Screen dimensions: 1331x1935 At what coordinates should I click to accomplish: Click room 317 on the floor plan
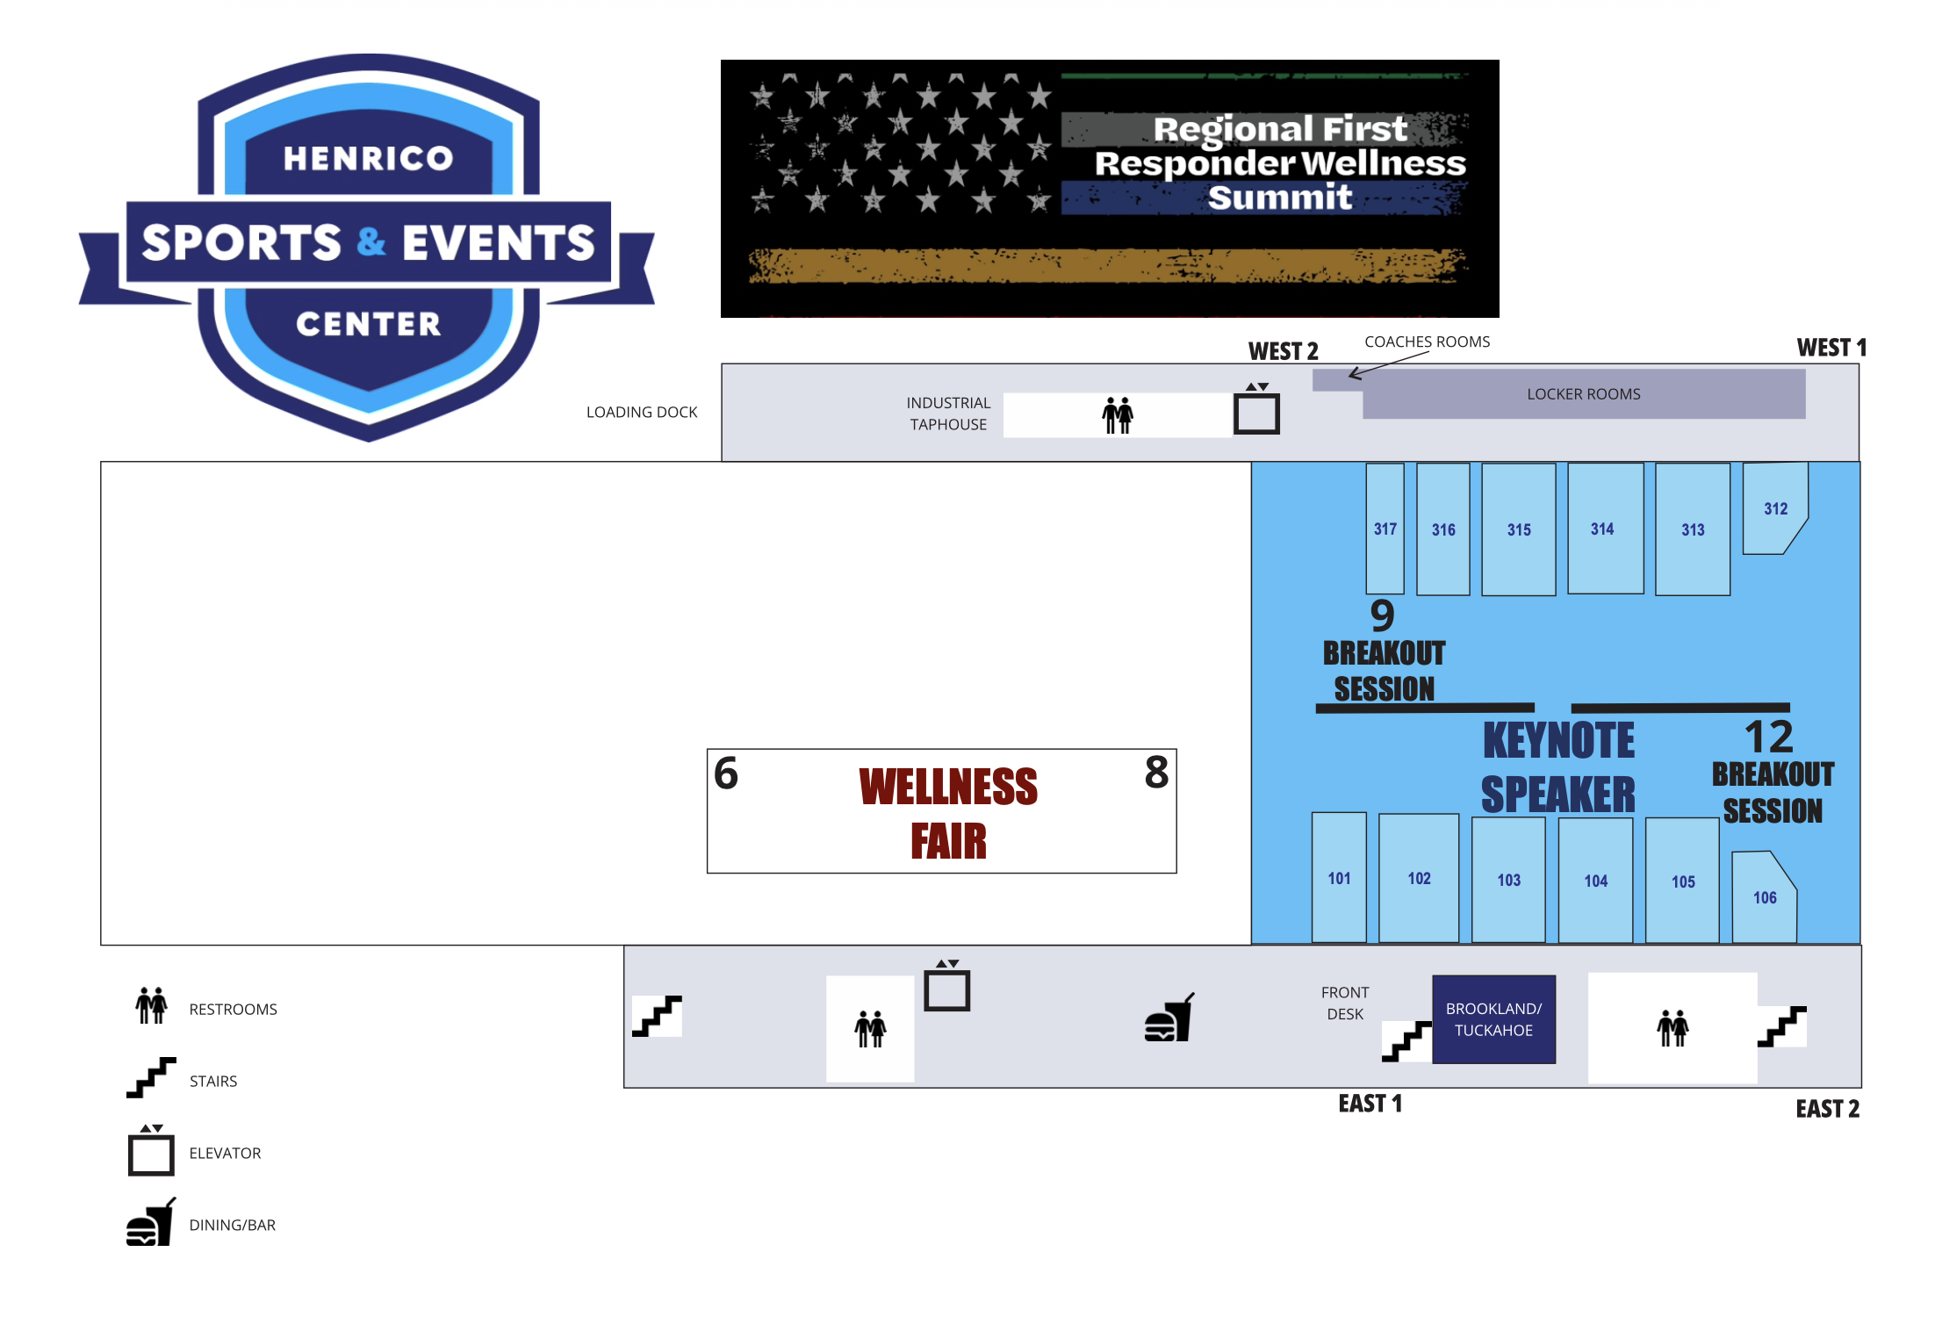pos(1385,529)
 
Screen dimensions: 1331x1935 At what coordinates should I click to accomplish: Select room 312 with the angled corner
pos(1774,508)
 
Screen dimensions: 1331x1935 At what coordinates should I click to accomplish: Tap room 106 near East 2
pos(1764,897)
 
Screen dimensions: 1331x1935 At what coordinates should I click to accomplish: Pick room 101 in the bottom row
pos(1339,878)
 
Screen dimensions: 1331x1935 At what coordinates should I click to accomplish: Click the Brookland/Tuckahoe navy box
pos(1493,1019)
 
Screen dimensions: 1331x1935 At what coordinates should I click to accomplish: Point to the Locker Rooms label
pos(1583,394)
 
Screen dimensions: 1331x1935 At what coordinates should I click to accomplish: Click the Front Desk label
pos(1344,1003)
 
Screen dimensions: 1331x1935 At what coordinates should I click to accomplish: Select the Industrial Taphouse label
pos(948,414)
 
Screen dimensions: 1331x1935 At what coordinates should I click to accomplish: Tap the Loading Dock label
pos(642,412)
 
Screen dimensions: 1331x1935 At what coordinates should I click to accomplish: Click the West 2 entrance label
pos(1283,351)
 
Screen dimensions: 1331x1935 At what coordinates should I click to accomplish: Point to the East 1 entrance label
pos(1370,1104)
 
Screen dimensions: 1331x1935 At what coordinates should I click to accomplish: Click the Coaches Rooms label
pos(1427,342)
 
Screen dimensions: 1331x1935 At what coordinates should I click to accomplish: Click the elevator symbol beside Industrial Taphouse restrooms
pos(1256,410)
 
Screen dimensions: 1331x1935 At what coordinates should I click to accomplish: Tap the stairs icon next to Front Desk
pos(1406,1040)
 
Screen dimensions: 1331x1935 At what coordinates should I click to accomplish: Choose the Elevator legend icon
pos(151,1150)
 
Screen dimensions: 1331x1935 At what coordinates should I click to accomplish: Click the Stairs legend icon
pos(151,1077)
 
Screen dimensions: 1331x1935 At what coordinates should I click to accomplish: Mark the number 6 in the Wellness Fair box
pos(726,773)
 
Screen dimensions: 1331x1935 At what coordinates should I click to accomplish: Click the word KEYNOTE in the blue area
pos(1558,740)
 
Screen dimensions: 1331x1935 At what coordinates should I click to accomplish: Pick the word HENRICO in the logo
pos(368,158)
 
